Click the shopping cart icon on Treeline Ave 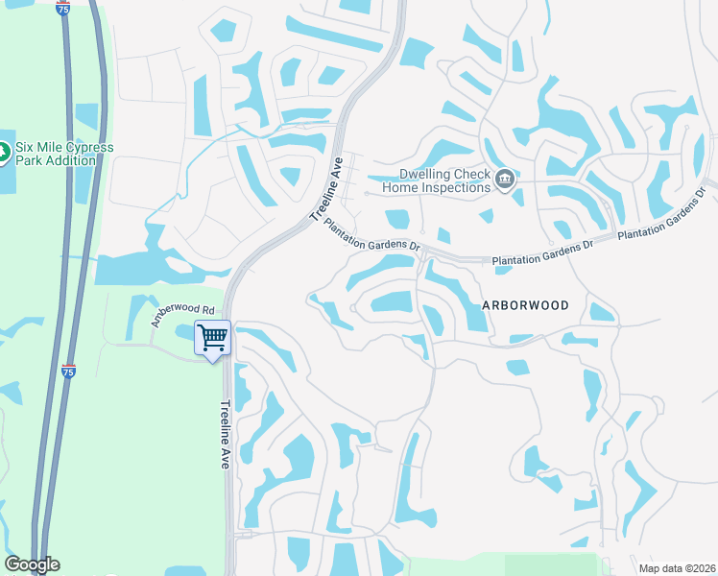point(211,338)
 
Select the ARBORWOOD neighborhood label point(525,305)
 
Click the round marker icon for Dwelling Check point(505,180)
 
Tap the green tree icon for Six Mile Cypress point(3,153)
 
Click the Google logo point(32,564)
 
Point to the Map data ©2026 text point(677,567)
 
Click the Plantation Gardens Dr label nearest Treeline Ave point(372,234)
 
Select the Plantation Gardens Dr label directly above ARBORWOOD point(542,253)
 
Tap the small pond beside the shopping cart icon point(184,333)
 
